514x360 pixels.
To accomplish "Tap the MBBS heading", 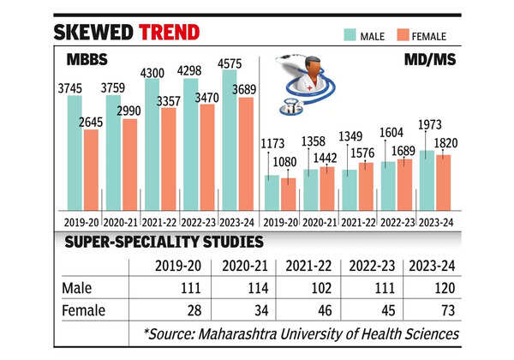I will point(87,61).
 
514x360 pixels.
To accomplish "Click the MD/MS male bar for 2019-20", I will point(272,192).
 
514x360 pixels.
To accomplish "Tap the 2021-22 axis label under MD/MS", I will point(359,220).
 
